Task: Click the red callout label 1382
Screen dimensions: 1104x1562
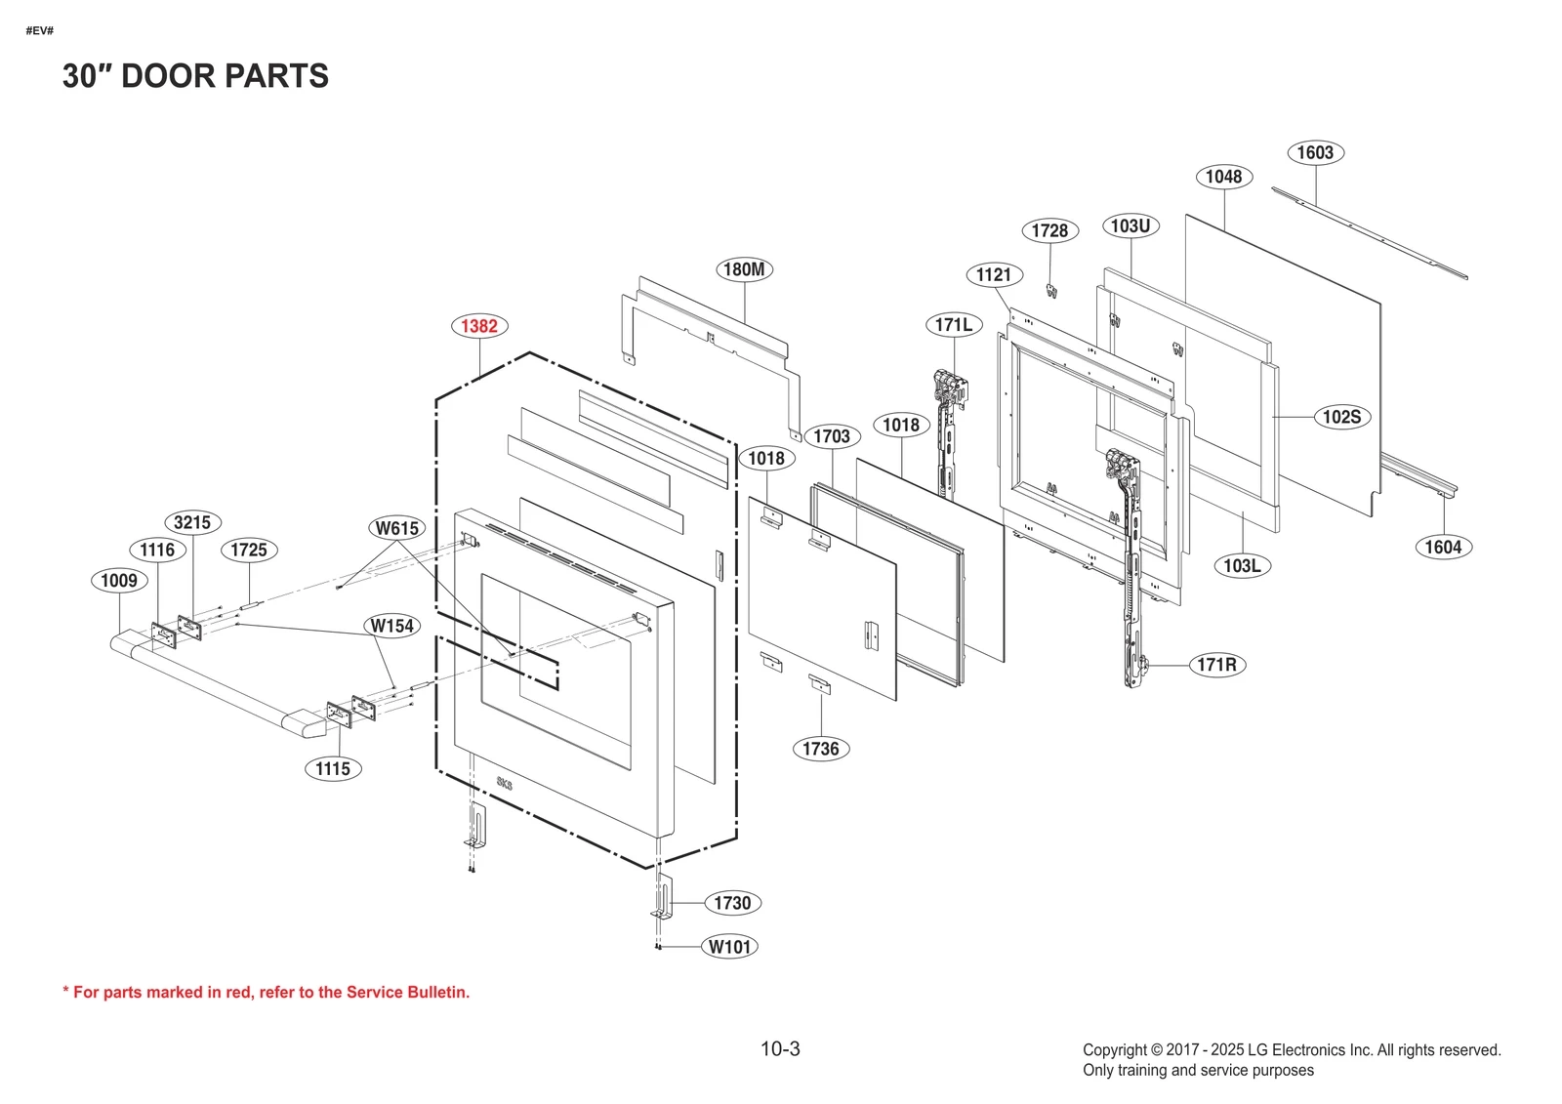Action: click(479, 326)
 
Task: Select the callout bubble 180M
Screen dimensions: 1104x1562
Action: click(744, 269)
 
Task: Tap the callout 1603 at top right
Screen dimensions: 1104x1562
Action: click(1315, 152)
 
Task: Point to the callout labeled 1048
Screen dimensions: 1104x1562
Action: click(1223, 177)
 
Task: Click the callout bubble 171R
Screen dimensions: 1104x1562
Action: click(1216, 665)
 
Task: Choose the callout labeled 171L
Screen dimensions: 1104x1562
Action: click(953, 324)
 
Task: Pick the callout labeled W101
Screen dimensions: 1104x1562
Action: click(730, 947)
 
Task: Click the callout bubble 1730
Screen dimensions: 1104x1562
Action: click(732, 903)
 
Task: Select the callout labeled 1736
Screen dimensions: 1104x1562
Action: click(820, 749)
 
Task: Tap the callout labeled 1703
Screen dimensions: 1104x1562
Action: click(832, 436)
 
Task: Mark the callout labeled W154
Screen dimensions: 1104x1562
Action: click(391, 626)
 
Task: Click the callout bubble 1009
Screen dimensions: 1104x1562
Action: click(119, 581)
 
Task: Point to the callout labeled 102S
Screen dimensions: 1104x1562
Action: click(1341, 417)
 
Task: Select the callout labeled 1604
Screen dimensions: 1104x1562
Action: click(1443, 547)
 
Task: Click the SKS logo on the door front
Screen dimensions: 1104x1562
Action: click(504, 783)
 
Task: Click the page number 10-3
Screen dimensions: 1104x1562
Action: click(780, 1049)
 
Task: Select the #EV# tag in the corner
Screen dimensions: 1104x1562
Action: click(40, 31)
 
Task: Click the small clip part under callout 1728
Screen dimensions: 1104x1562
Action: click(1052, 291)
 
